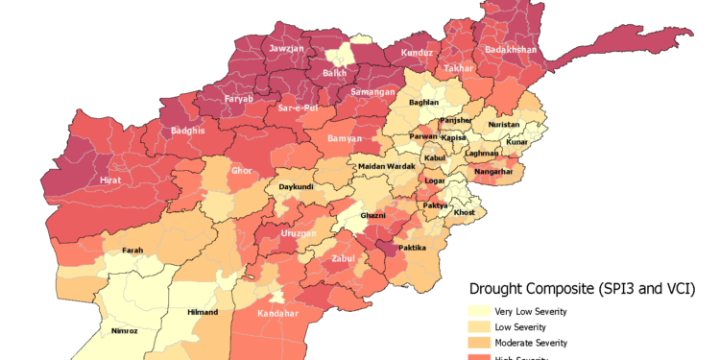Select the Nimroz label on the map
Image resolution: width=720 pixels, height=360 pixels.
(x=125, y=331)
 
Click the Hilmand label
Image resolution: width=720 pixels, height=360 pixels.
(x=202, y=312)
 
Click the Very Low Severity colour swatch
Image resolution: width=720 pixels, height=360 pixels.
(x=478, y=311)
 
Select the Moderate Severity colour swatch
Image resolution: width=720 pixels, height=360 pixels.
(x=478, y=343)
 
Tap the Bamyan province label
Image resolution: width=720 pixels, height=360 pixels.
(x=344, y=138)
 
